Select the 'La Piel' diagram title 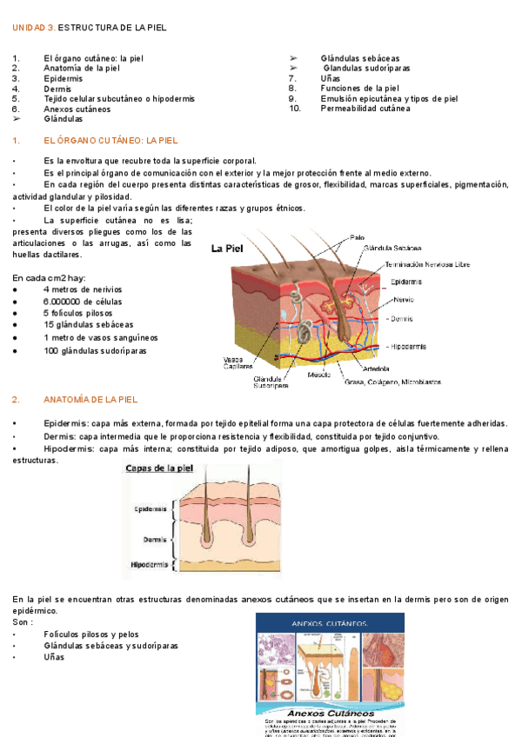coord(227,248)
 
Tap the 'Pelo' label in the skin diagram coord(357,237)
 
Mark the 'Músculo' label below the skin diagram coord(319,375)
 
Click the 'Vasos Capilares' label coord(233,362)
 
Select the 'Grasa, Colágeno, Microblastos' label coord(393,382)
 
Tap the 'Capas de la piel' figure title coord(160,468)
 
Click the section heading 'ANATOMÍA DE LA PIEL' coord(90,400)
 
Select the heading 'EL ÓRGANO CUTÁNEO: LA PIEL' coord(110,139)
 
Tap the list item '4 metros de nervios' coord(84,289)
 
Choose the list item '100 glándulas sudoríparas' coord(95,350)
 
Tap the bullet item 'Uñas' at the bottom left coord(53,657)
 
